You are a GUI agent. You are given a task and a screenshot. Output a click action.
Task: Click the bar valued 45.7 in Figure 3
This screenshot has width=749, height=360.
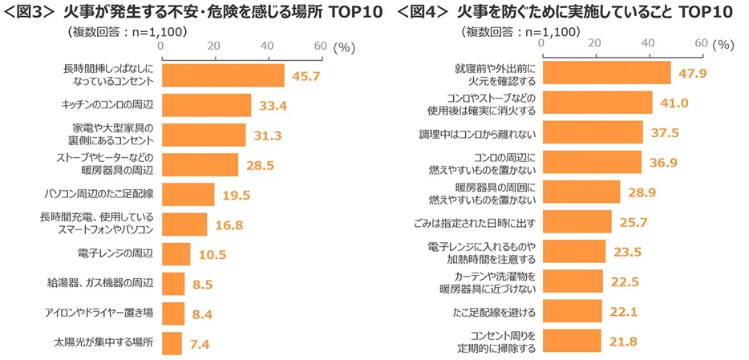223,75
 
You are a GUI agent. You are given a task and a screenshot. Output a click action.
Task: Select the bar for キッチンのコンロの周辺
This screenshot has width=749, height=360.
206,105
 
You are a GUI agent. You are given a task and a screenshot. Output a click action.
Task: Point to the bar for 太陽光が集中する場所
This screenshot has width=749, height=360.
172,343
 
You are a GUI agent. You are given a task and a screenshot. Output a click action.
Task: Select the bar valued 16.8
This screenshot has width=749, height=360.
184,224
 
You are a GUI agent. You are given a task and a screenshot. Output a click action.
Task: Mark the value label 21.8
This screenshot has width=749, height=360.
622,341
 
